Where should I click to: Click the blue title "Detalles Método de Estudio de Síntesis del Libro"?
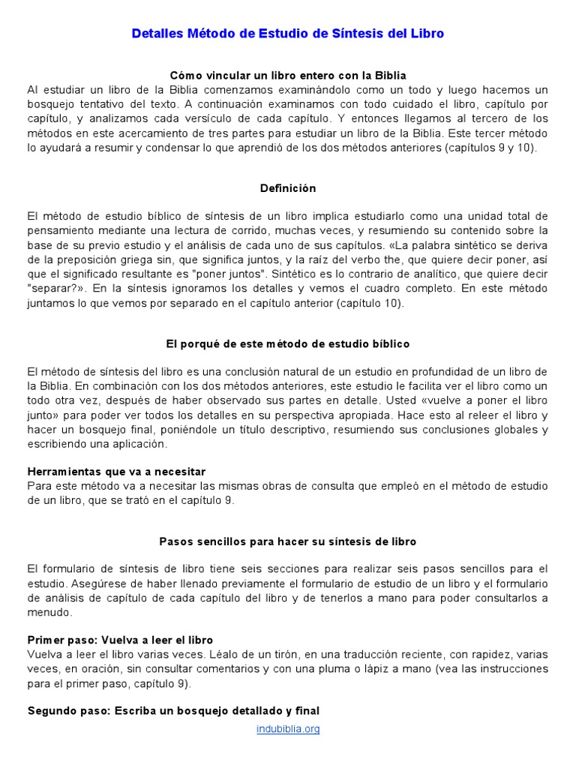coord(288,34)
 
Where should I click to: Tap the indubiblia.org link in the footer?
coord(288,728)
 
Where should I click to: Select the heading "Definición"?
coord(288,188)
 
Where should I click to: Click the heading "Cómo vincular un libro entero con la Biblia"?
coord(288,75)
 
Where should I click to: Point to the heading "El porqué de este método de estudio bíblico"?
coord(288,343)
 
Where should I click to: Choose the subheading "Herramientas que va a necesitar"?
coord(116,472)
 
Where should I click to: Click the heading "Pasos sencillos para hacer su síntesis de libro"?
coord(288,541)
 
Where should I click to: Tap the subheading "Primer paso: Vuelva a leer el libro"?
coord(120,640)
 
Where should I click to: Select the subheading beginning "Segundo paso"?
coord(173,710)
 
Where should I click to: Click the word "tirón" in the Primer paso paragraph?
coord(282,654)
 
